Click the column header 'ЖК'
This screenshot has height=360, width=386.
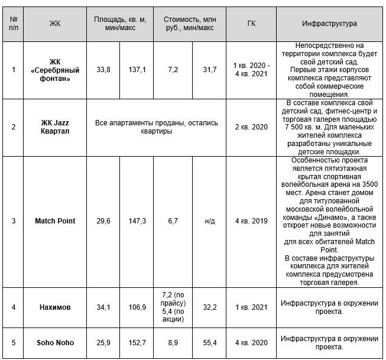pyautogui.click(x=55, y=24)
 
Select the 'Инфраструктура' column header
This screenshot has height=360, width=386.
pyautogui.click(x=329, y=24)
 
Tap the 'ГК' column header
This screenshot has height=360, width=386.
pyautogui.click(x=251, y=24)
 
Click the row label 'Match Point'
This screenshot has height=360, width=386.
pyautogui.click(x=55, y=221)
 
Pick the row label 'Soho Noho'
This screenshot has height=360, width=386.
pyautogui.click(x=55, y=342)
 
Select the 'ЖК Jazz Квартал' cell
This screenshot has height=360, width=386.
pyautogui.click(x=55, y=127)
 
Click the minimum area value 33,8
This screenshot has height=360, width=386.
pyautogui.click(x=103, y=70)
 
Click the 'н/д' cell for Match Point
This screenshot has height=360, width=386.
pyautogui.click(x=209, y=221)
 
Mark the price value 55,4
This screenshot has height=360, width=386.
pyautogui.click(x=209, y=342)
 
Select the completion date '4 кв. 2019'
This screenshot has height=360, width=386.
pyautogui.click(x=251, y=221)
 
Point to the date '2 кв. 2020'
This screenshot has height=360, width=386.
pyautogui.click(x=251, y=127)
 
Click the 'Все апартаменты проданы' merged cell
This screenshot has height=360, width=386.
pyautogui.click(x=157, y=127)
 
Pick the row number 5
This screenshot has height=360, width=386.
pyautogui.click(x=14, y=342)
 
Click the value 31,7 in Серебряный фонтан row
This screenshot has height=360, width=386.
pyautogui.click(x=209, y=70)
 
